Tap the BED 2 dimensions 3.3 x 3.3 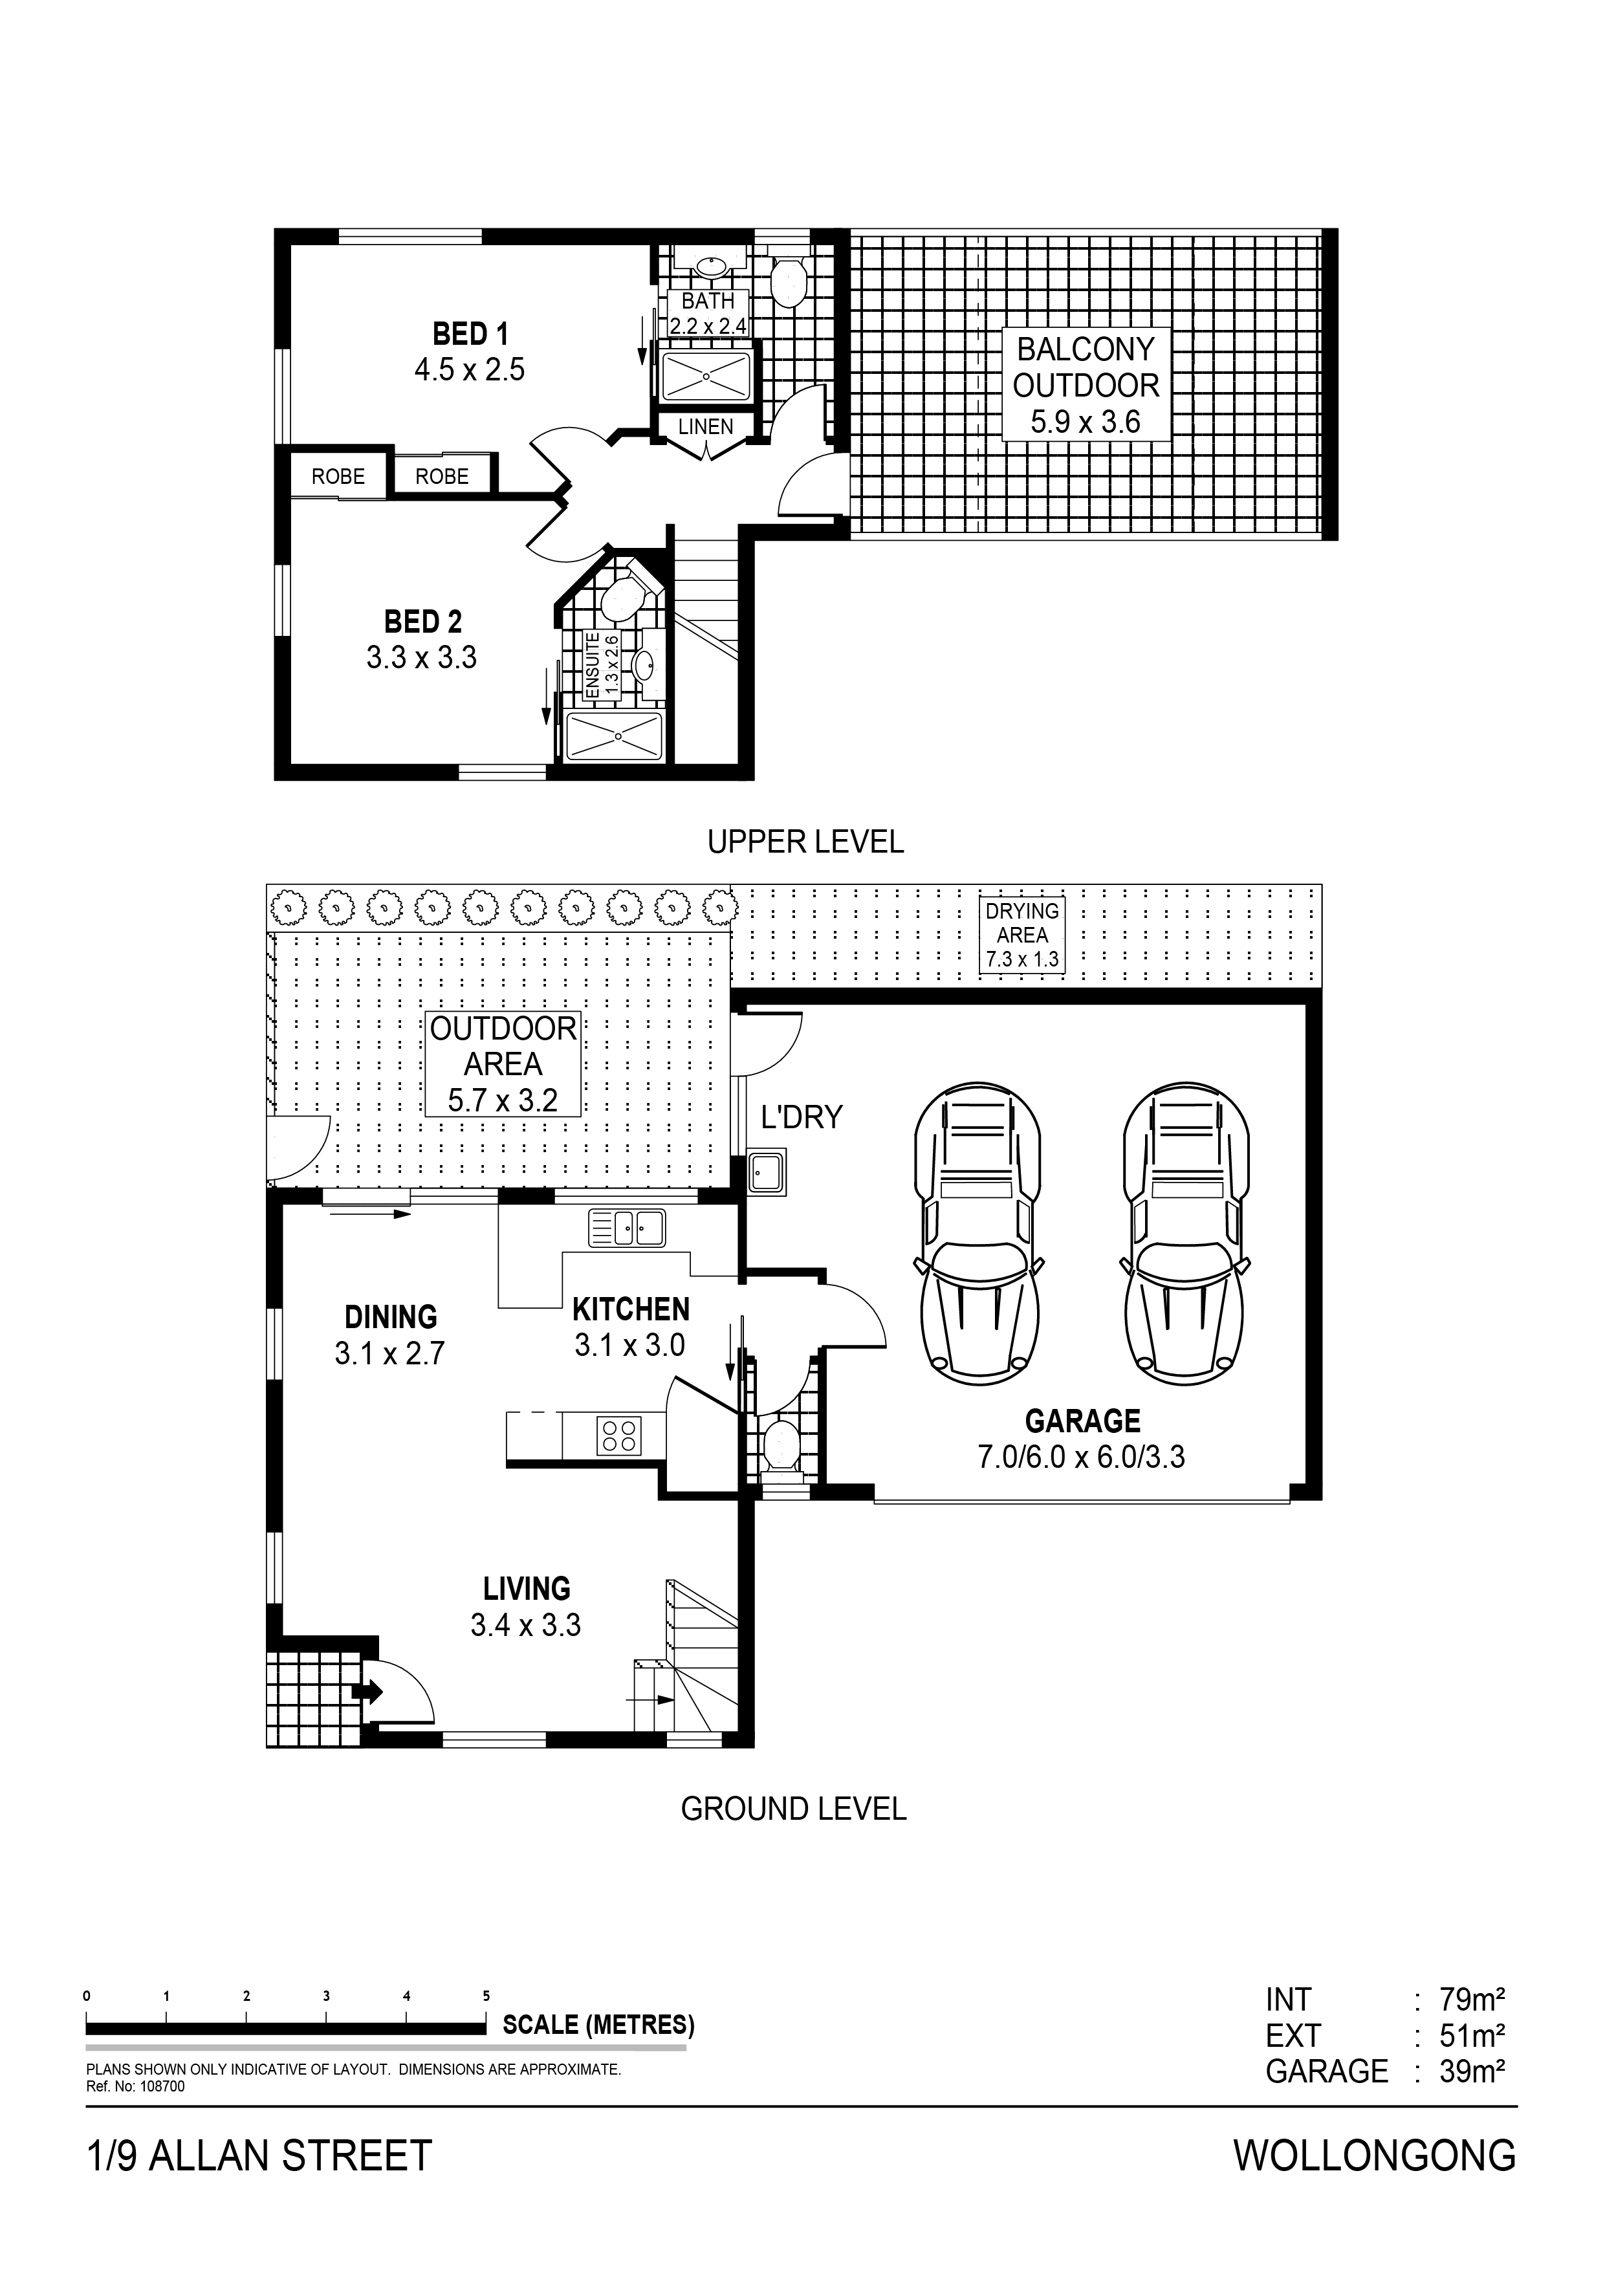coord(422,657)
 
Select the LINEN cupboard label coord(706,426)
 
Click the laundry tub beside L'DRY coord(767,1172)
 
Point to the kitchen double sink coord(627,1228)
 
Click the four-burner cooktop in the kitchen coord(619,1435)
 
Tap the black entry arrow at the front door coord(367,1692)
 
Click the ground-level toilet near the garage coord(781,1447)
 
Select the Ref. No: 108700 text coord(135,2087)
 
